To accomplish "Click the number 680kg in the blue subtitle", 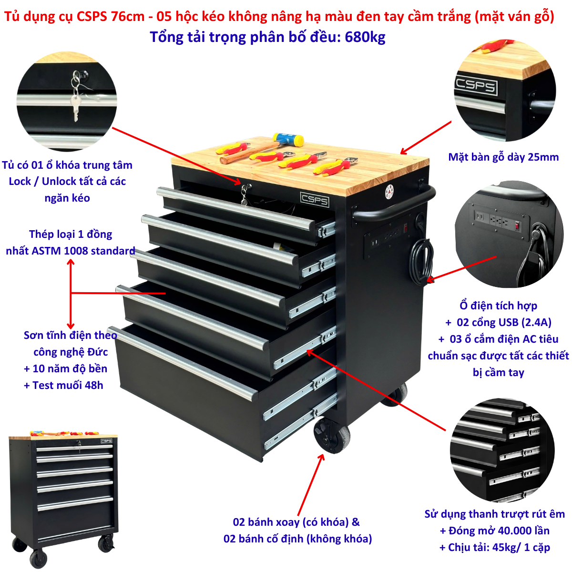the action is [x=365, y=37].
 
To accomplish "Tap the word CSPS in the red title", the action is [x=92, y=16].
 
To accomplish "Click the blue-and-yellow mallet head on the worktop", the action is [x=288, y=140].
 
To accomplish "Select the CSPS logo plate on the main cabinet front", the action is [x=314, y=199].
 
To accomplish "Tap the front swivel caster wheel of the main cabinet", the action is [x=332, y=435].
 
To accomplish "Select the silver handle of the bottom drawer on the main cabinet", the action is [x=183, y=363].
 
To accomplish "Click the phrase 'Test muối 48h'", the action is [x=68, y=385].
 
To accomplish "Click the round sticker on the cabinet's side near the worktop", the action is [x=389, y=192].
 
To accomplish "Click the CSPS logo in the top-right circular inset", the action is [x=476, y=86].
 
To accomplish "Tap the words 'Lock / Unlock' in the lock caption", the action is [x=43, y=181].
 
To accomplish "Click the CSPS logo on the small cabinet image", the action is [x=106, y=441].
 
